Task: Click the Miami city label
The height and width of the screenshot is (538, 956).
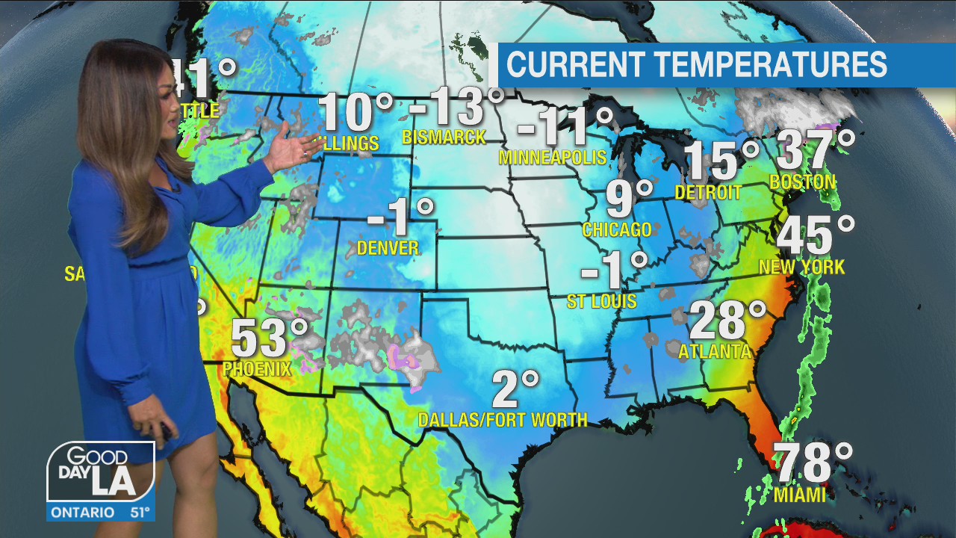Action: tap(799, 495)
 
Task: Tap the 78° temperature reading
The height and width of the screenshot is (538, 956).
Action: tap(811, 463)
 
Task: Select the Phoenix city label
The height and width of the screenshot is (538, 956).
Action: tap(256, 368)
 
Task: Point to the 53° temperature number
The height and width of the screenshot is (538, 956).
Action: tap(269, 338)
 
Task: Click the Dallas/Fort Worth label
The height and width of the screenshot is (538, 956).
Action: tap(502, 420)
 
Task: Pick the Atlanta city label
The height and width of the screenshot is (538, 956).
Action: tap(714, 351)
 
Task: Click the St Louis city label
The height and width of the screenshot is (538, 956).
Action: tap(601, 301)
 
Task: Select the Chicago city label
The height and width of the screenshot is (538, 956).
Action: tap(617, 230)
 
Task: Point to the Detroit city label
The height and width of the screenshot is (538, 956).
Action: tap(708, 193)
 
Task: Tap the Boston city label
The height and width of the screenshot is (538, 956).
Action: tap(802, 182)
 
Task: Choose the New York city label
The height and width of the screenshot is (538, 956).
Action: tap(801, 267)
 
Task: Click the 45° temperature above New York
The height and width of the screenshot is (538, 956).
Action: tap(815, 236)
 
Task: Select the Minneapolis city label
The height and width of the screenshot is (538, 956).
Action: tap(552, 158)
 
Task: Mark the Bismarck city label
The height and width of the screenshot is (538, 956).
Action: tap(444, 137)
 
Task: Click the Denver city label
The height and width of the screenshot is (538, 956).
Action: tap(388, 248)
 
